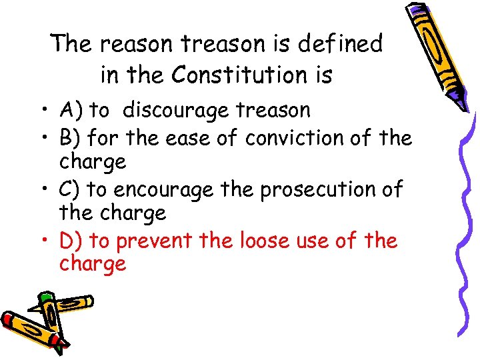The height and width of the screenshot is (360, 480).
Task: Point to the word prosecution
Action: coord(313,190)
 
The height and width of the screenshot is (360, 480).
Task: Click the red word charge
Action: coord(93,264)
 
